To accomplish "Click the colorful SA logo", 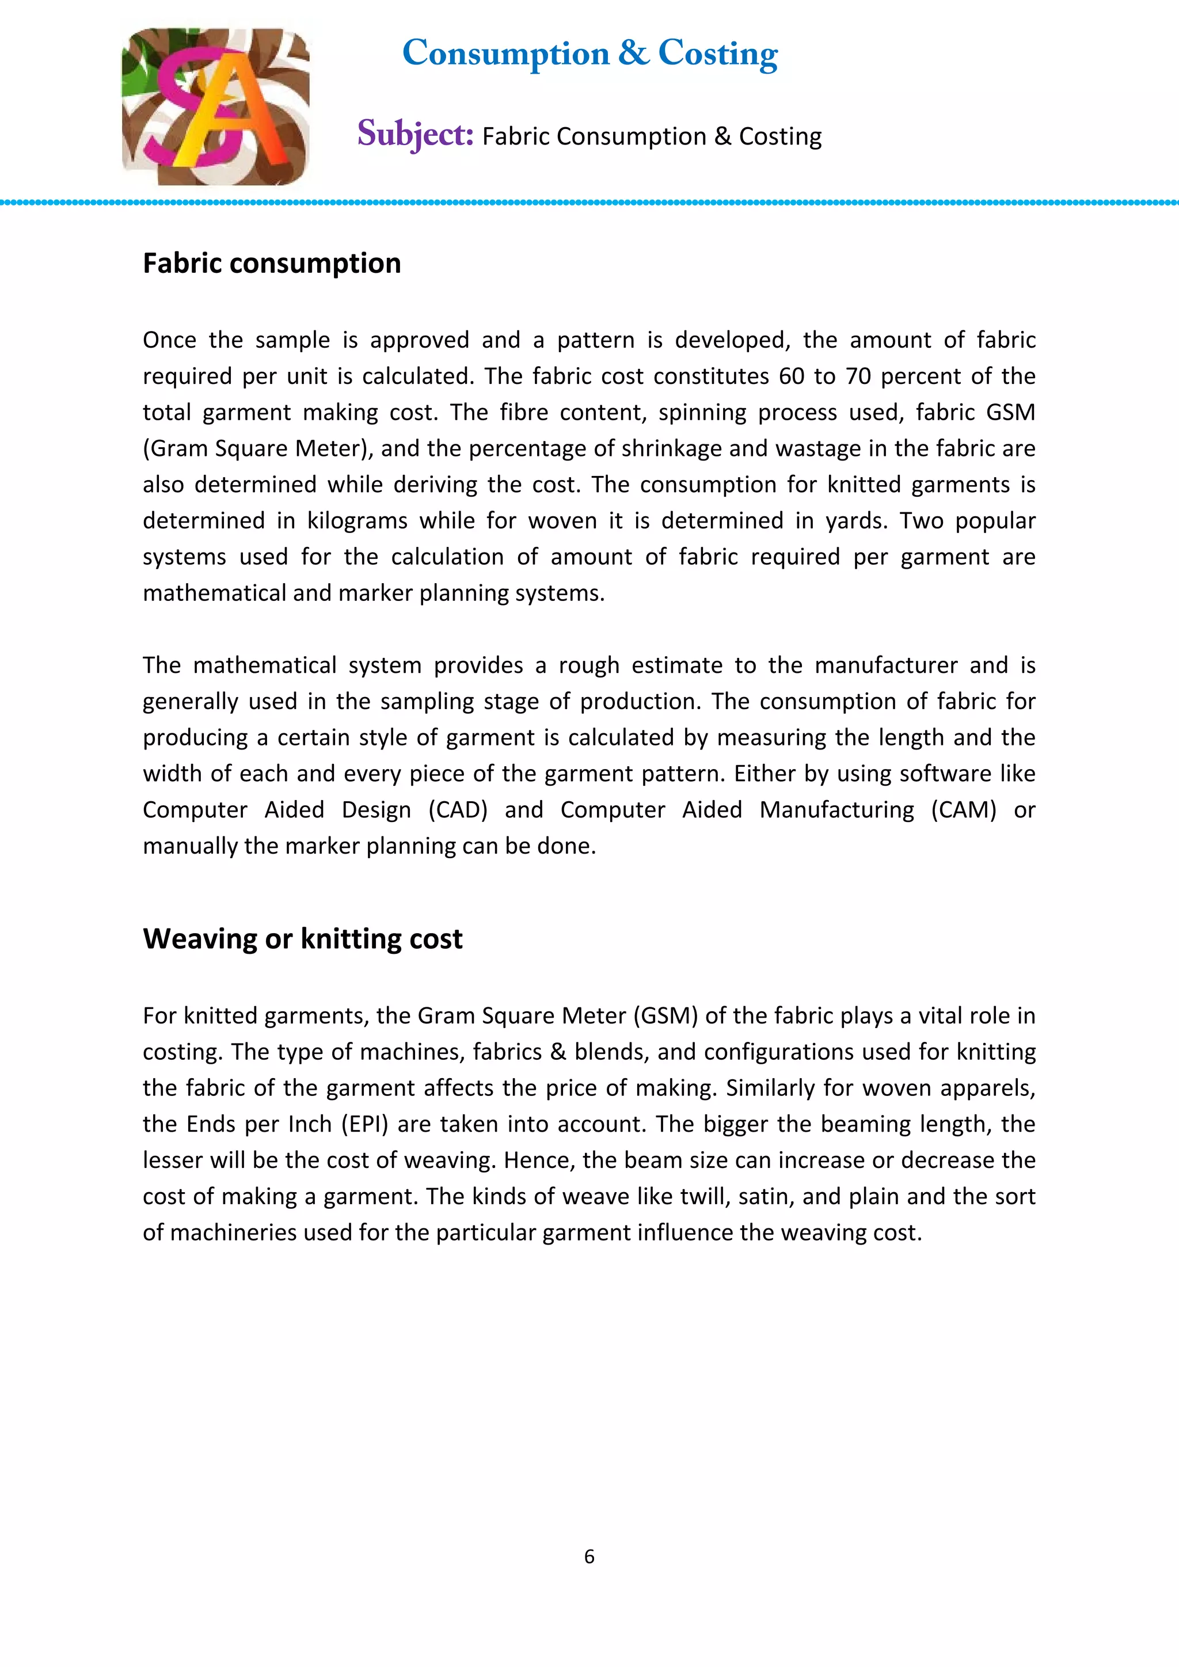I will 216,106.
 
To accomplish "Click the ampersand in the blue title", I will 634,53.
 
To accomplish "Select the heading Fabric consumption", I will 272,264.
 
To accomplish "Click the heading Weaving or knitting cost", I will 302,939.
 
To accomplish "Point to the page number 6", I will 589,1556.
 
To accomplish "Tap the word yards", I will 856,520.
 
